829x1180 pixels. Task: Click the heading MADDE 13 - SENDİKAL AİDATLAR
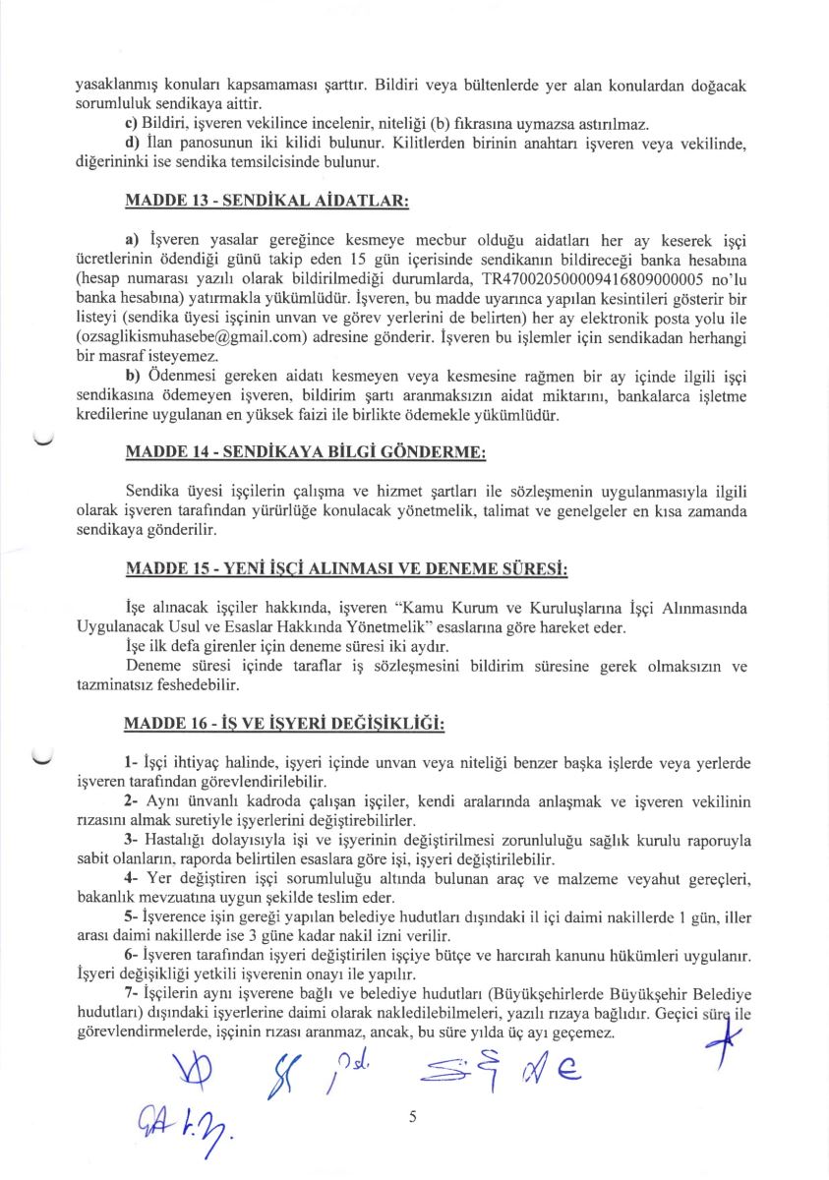click(266, 201)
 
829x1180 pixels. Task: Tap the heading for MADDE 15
click(346, 570)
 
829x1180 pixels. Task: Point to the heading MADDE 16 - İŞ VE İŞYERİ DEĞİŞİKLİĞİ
click(284, 725)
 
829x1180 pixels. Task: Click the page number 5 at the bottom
click(413, 1116)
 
